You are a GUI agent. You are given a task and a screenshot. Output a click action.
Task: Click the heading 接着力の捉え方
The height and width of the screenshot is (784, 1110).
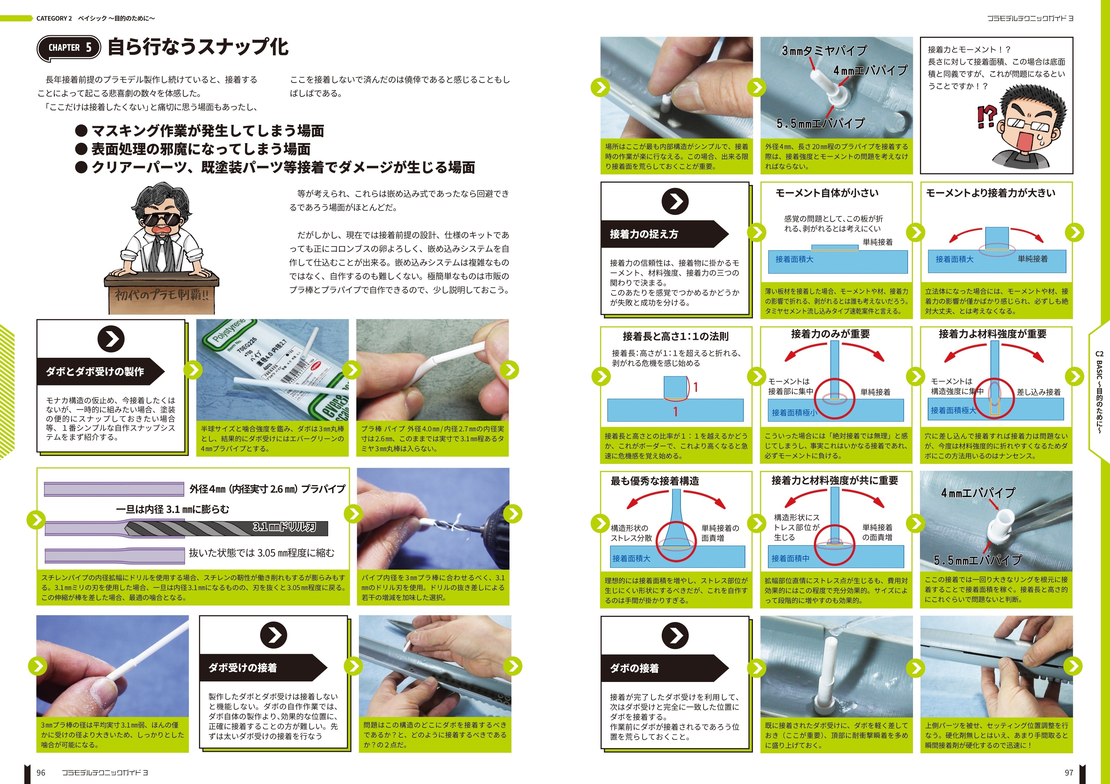coord(644,234)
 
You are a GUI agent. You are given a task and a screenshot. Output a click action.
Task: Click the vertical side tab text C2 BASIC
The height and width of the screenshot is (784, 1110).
coord(1099,392)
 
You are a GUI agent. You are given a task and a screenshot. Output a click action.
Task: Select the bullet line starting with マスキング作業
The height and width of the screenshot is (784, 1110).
coord(200,131)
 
